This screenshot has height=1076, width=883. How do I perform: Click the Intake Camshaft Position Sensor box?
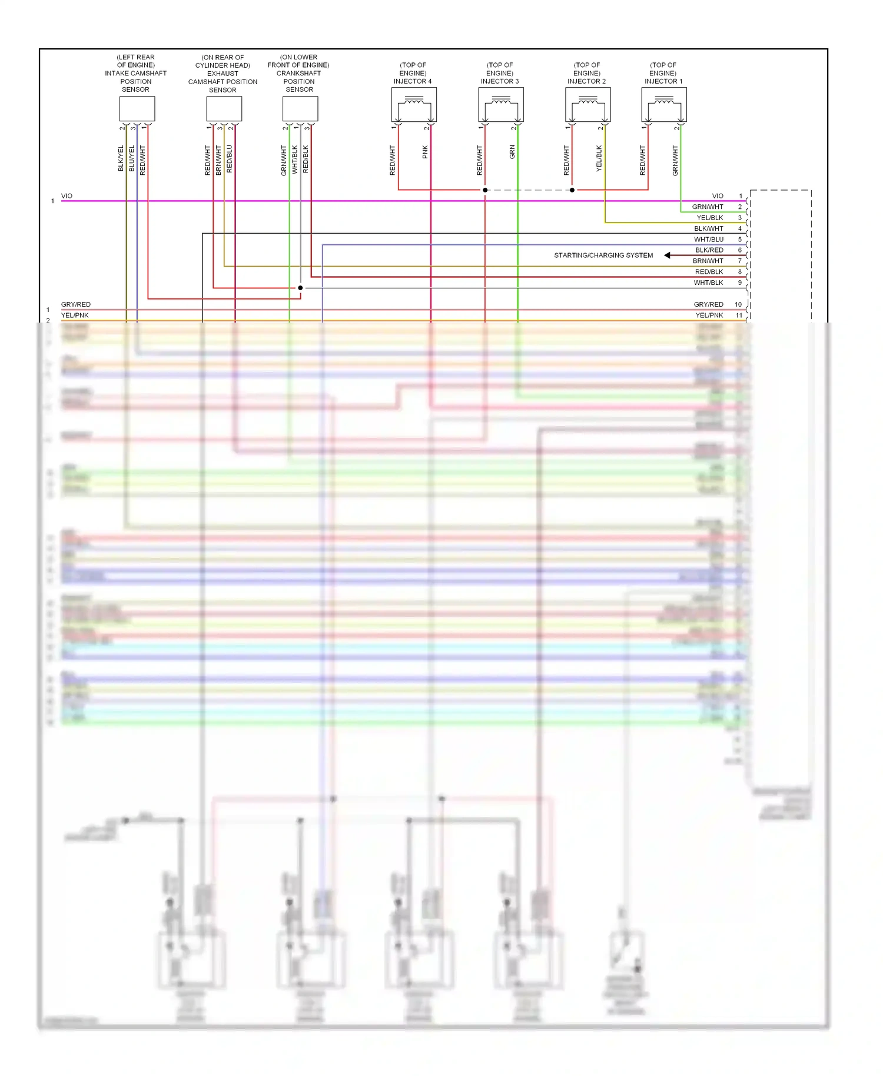coord(137,109)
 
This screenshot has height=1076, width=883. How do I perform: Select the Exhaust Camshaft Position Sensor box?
coord(224,109)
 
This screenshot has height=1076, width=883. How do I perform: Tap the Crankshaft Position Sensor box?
coord(300,109)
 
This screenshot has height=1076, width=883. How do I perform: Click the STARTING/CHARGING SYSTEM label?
coord(603,255)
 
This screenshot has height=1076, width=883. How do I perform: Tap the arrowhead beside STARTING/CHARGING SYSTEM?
coord(668,255)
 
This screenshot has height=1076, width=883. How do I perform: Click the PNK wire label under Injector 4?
coord(425,152)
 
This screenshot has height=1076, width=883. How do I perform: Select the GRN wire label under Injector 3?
coord(512,152)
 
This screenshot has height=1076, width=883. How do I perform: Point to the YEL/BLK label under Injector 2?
coord(599,158)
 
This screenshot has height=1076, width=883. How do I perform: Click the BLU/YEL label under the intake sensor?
coord(132,158)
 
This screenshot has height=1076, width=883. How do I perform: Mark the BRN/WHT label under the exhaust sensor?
coord(218,160)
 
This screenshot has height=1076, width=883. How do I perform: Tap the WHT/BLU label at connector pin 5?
coord(709,240)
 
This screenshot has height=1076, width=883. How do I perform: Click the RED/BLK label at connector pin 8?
coord(709,272)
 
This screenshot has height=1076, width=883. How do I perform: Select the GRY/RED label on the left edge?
coord(76,304)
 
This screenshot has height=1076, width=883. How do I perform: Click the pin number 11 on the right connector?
coord(739,316)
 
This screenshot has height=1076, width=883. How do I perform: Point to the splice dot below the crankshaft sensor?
coord(300,288)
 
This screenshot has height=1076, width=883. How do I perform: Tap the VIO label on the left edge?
coord(67,196)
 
